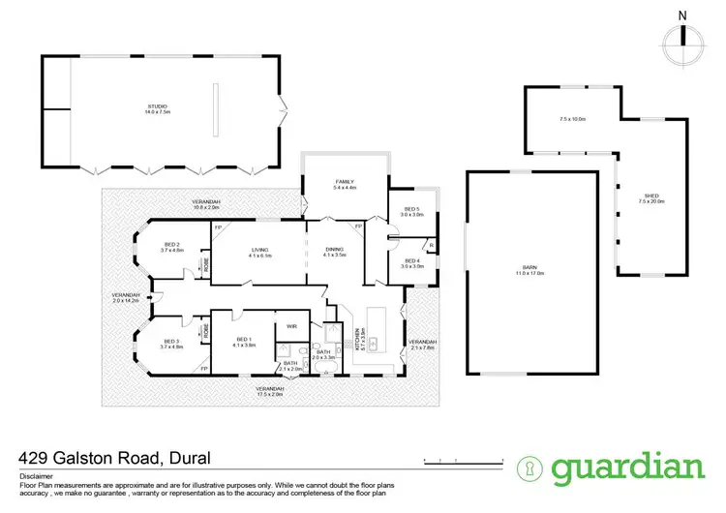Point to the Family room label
[x=346, y=184]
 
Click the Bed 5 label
[x=411, y=212]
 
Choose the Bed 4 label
[x=411, y=262]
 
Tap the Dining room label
[x=335, y=251]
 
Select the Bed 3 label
[x=171, y=344]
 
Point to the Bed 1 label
[x=243, y=342]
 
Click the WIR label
[x=291, y=326]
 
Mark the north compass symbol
[x=682, y=35]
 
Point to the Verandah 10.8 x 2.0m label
[x=206, y=203]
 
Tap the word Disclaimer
[x=34, y=477]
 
